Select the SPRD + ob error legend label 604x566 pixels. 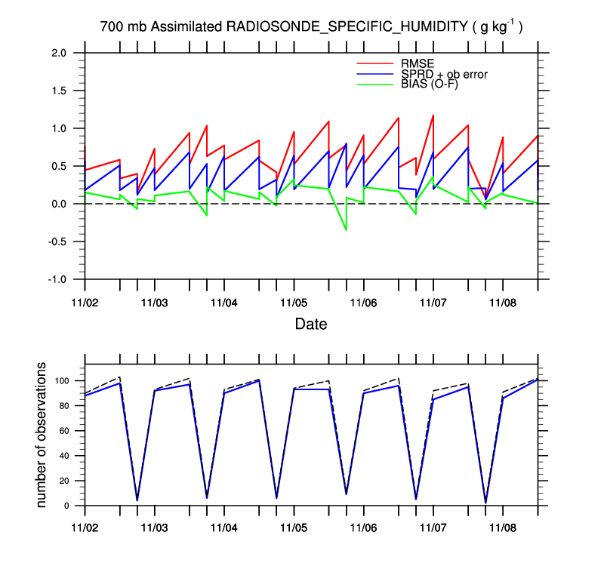pyautogui.click(x=440, y=74)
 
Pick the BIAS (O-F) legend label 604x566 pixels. pyautogui.click(x=426, y=84)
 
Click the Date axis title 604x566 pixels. pyautogui.click(x=311, y=325)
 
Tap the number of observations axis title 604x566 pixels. pyautogui.click(x=42, y=435)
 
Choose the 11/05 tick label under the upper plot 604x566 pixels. pyautogui.click(x=294, y=302)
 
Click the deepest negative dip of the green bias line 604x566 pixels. pyautogui.click(x=346, y=229)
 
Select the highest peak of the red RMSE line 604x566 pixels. pyautogui.click(x=433, y=115)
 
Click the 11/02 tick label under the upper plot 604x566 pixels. pyautogui.click(x=85, y=302)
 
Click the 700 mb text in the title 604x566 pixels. pyautogui.click(x=124, y=27)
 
